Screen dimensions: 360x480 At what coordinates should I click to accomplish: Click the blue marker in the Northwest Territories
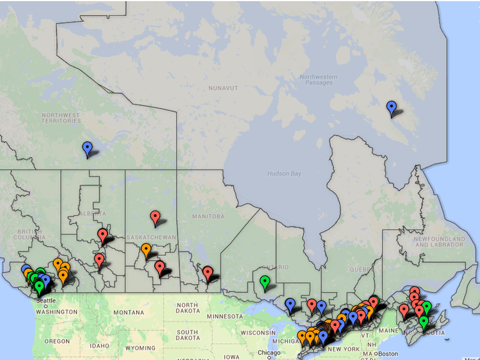tap(87, 148)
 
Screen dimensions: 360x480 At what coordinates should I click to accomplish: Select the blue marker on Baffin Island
tap(391, 107)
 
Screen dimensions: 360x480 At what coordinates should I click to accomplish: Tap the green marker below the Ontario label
tap(265, 280)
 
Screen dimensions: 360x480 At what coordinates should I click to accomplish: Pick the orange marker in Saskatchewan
tap(146, 250)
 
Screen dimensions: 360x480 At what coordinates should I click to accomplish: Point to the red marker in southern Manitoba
tap(207, 272)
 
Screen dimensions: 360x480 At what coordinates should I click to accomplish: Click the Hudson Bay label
tap(284, 174)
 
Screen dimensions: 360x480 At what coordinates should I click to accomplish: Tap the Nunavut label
tap(223, 88)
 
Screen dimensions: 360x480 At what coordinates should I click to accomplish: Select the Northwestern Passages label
tap(317, 80)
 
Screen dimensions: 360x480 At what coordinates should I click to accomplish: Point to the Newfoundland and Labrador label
tap(439, 242)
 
